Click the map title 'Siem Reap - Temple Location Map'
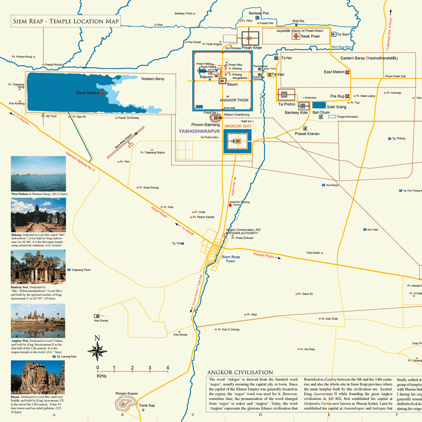[x=65, y=22]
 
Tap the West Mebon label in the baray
[x=88, y=93]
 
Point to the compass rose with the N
[x=98, y=347]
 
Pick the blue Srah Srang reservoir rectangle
[x=319, y=105]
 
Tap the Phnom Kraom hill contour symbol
[x=125, y=404]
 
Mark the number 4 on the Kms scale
[x=167, y=368]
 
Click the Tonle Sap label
[x=147, y=406]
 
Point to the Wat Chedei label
[x=101, y=321]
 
